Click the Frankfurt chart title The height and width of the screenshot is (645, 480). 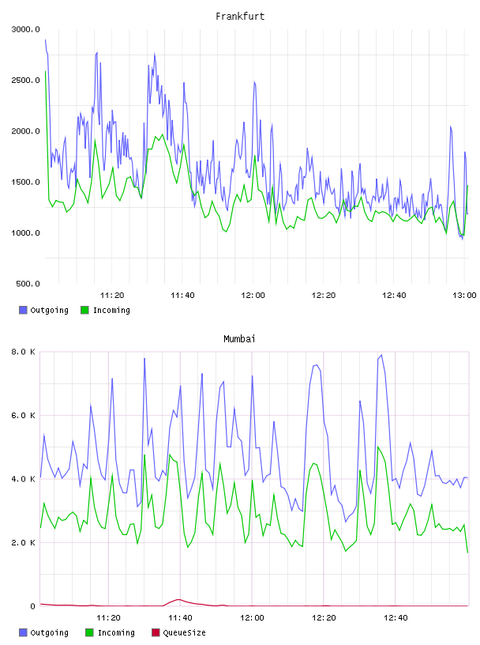tap(240, 17)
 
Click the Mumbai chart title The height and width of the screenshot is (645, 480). tap(239, 339)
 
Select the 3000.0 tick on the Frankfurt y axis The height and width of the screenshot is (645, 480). tap(25, 29)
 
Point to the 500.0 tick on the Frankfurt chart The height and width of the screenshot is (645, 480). tap(28, 284)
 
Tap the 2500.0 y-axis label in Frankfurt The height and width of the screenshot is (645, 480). tap(25, 80)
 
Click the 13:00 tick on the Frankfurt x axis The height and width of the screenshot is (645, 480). tap(464, 296)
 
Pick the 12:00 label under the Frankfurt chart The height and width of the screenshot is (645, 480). tap(253, 296)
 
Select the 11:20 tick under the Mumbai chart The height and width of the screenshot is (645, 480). tap(108, 618)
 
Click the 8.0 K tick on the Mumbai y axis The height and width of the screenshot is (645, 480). tap(23, 352)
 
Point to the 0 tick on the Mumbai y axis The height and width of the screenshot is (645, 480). tap(33, 606)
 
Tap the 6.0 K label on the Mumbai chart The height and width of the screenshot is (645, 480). tap(23, 416)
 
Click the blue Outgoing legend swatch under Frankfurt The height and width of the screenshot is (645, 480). tap(23, 310)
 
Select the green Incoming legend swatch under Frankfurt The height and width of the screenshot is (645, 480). tap(84, 310)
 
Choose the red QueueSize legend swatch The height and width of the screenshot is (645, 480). tap(156, 632)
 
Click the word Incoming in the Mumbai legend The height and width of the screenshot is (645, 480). tap(116, 632)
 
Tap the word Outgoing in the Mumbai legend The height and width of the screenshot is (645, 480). tap(49, 632)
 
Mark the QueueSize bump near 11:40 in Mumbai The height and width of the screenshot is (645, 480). tap(178, 600)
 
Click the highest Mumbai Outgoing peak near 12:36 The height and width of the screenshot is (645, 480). tap(381, 355)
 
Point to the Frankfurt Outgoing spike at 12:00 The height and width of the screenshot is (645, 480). tap(254, 82)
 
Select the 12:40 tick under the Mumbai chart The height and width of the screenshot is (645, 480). tap(396, 618)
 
